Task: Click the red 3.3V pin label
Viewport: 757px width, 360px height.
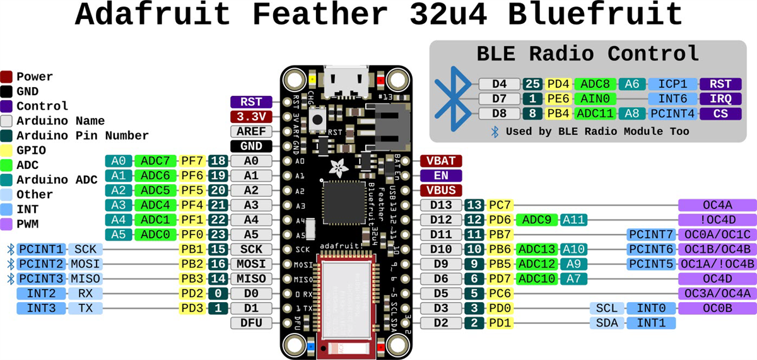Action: click(x=251, y=117)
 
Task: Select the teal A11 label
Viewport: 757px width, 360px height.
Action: click(x=574, y=219)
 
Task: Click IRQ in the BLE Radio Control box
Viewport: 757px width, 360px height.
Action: click(x=720, y=98)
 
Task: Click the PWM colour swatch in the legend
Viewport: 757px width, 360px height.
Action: click(x=7, y=224)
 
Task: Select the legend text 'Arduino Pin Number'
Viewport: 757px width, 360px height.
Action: click(x=83, y=136)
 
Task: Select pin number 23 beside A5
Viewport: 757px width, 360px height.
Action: click(x=218, y=235)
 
